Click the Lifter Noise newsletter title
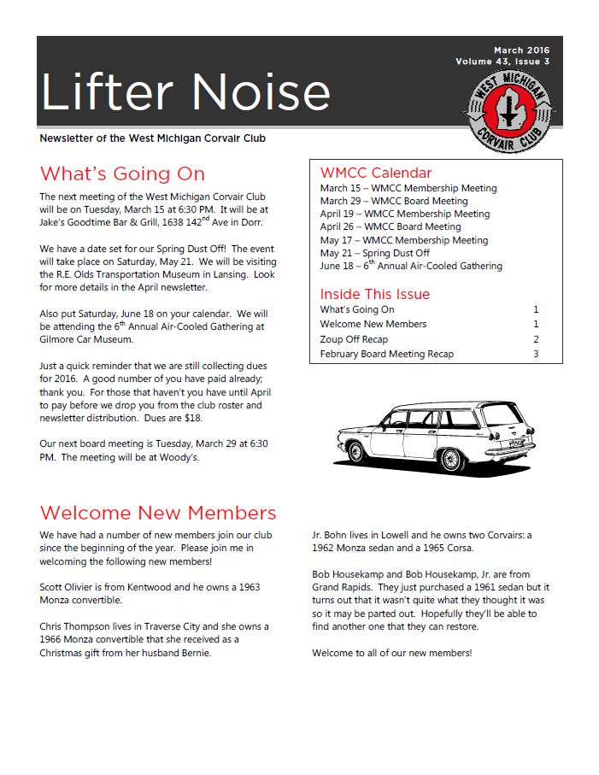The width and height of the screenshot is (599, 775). click(x=185, y=91)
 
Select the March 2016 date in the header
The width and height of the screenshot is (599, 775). click(x=521, y=50)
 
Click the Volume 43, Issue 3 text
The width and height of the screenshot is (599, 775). click(x=502, y=62)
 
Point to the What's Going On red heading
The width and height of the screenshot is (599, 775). click(x=122, y=174)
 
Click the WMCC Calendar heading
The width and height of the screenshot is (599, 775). click(x=376, y=173)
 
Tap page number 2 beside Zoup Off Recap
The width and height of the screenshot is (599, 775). click(x=536, y=339)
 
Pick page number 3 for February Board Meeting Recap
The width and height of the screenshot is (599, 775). click(x=536, y=354)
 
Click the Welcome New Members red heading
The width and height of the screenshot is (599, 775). click(x=158, y=513)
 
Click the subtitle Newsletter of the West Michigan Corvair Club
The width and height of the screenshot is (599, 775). click(x=158, y=138)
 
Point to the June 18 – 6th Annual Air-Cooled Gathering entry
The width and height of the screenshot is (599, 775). click(x=411, y=266)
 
